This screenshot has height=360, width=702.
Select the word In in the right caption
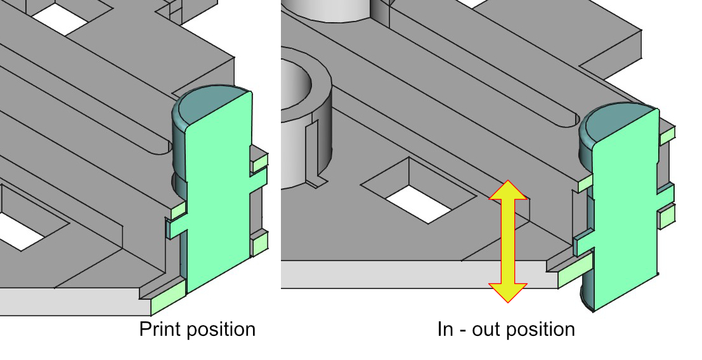[445, 329]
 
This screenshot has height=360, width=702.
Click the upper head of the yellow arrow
[508, 190]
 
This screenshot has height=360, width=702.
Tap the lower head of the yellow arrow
[508, 293]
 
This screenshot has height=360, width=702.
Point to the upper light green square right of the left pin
[259, 164]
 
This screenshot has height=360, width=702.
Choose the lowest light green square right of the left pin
[259, 245]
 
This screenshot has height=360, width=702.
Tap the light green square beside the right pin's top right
[668, 135]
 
